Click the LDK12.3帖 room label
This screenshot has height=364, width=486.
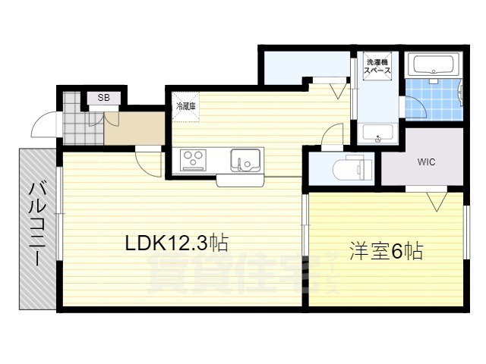[177, 243]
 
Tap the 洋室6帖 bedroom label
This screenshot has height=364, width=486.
[387, 251]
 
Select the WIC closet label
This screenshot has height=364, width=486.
[426, 162]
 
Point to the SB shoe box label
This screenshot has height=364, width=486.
[103, 98]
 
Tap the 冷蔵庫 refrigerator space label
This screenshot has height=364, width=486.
[185, 107]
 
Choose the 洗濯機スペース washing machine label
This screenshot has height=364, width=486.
[377, 66]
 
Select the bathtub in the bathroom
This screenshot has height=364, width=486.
[434, 65]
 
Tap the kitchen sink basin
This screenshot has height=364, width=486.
[245, 160]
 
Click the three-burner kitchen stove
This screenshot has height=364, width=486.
[194, 160]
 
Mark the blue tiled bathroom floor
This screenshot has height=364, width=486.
[434, 99]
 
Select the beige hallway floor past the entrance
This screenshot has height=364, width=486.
[134, 128]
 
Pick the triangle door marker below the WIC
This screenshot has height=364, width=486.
[437, 202]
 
